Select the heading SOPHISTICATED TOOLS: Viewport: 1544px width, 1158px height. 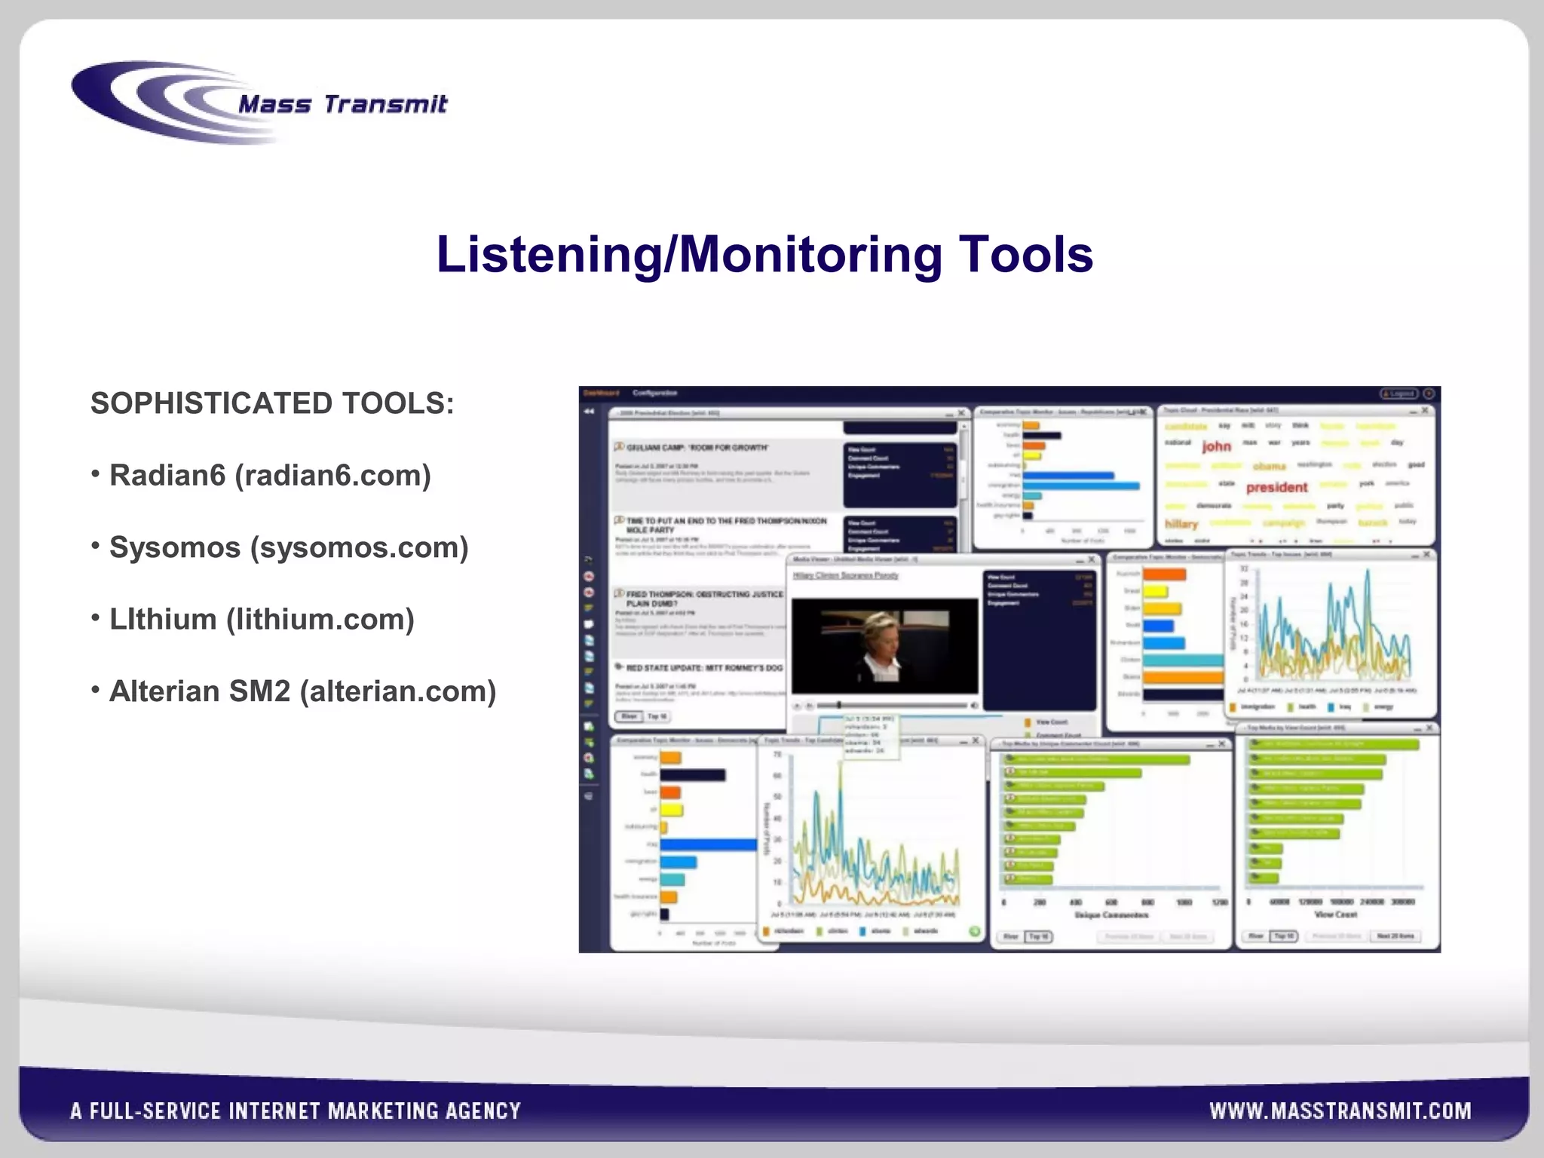pyautogui.click(x=272, y=404)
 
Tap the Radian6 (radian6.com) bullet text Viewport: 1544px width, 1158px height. pyautogui.click(x=270, y=476)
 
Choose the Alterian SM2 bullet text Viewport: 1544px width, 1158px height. pyautogui.click(x=302, y=691)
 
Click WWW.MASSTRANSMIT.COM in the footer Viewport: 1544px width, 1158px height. pyautogui.click(x=1340, y=1111)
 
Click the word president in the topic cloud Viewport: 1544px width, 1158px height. pyautogui.click(x=1276, y=487)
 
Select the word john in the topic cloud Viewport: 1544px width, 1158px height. pyautogui.click(x=1216, y=446)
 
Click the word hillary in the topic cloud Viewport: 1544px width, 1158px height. pyautogui.click(x=1181, y=524)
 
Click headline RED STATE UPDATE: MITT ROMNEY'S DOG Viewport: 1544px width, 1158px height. pyautogui.click(x=704, y=668)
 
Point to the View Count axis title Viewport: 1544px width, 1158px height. pyautogui.click(x=1335, y=914)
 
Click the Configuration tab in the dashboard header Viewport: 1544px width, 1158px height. pyautogui.click(x=654, y=394)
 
